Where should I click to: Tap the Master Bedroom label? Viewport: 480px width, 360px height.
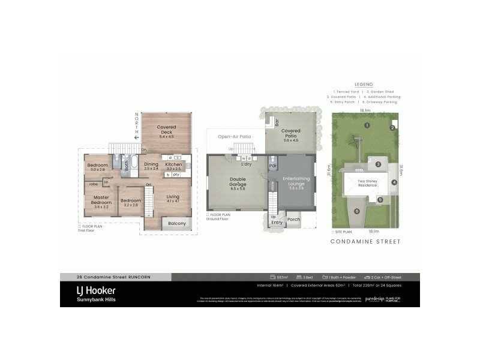(x=101, y=199)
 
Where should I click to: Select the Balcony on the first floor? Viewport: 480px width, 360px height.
(x=176, y=224)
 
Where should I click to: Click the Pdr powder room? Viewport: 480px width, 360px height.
(x=272, y=166)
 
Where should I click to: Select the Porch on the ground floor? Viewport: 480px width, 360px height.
(x=293, y=220)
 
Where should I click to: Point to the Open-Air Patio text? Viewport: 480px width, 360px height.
(x=234, y=136)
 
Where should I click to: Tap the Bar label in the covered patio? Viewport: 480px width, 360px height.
(x=277, y=122)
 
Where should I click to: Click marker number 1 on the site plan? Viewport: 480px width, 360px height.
(x=366, y=125)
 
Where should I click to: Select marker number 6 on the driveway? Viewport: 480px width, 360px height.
(x=356, y=211)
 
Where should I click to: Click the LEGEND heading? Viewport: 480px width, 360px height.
(x=364, y=85)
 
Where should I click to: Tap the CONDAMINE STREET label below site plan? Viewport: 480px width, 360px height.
(x=365, y=242)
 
